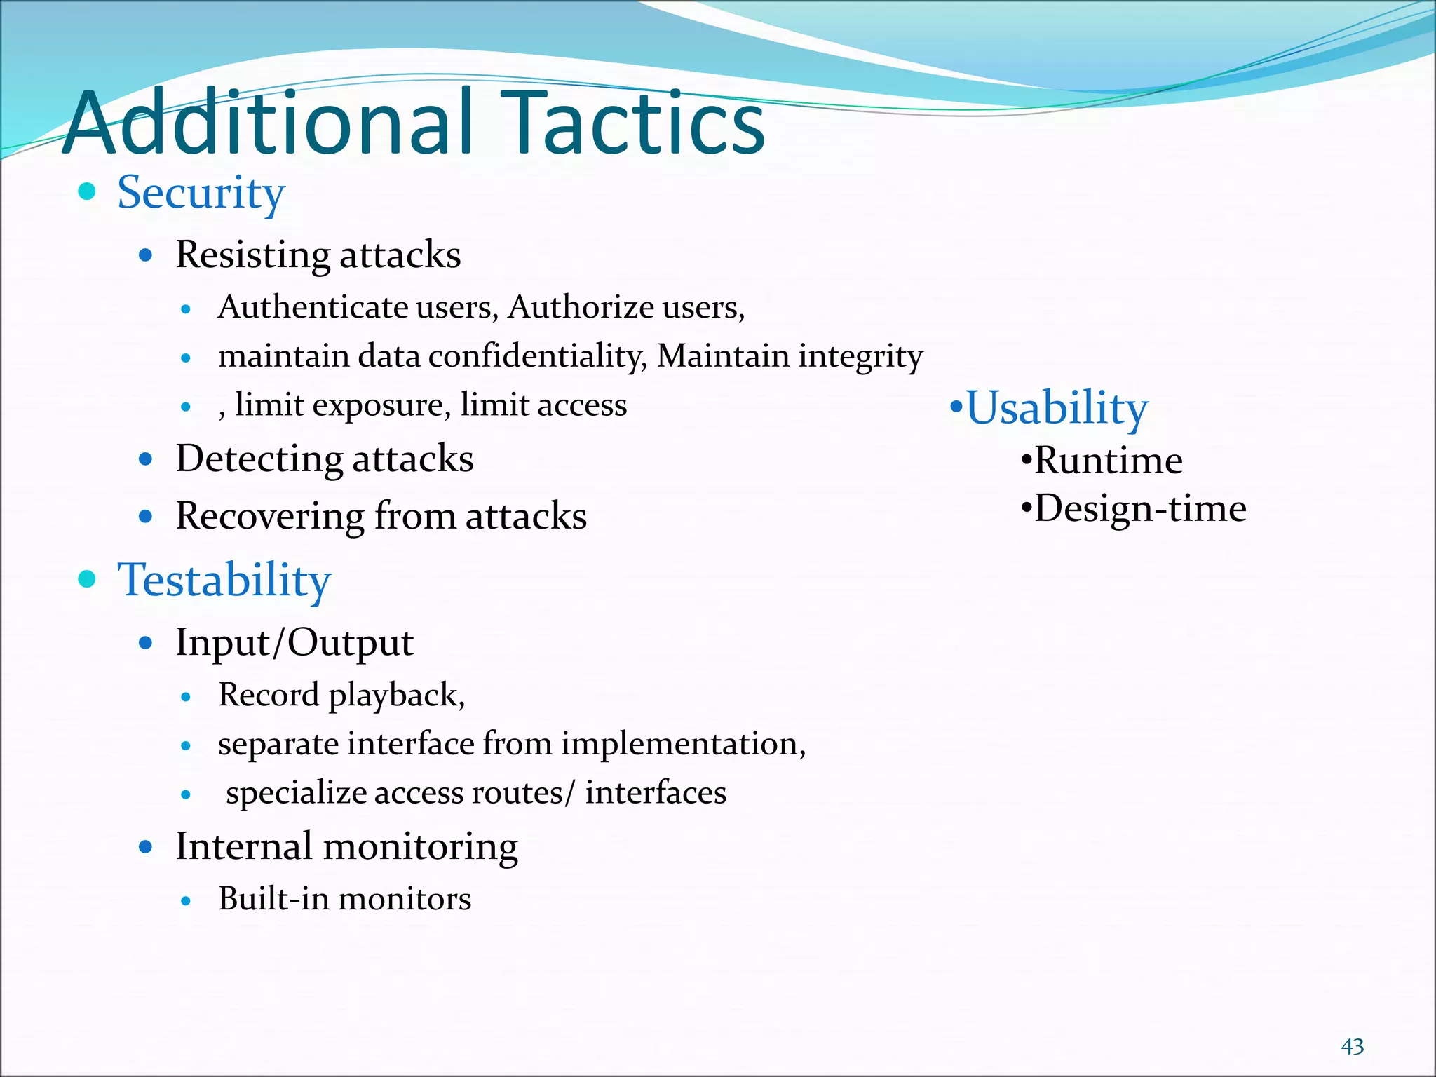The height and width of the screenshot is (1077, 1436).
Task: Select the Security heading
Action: tap(201, 193)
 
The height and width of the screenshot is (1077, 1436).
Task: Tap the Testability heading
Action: tap(224, 581)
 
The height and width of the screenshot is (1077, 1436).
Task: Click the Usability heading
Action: tap(1057, 408)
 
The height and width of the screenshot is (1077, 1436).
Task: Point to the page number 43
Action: tap(1352, 1047)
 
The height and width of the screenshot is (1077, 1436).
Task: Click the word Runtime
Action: tap(1108, 461)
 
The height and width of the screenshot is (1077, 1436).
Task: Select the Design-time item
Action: tap(1140, 509)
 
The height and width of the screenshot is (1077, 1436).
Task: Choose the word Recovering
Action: tap(269, 517)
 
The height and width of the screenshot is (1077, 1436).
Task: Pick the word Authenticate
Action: tap(313, 307)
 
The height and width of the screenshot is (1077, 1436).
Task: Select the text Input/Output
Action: tap(294, 643)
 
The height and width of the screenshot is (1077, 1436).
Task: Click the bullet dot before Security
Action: tap(87, 191)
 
